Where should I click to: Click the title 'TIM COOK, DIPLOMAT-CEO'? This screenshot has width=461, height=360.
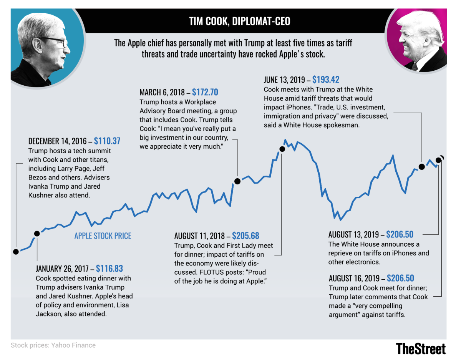240,21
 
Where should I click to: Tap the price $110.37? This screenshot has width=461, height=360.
107,141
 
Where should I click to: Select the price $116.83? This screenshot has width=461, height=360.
109,268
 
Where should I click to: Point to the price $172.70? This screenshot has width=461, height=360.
205,92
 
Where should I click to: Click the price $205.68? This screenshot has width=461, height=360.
245,236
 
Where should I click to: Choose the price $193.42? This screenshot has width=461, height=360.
326,80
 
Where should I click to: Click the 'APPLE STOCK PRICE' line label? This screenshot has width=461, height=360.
103,236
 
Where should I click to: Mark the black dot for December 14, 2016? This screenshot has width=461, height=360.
16,252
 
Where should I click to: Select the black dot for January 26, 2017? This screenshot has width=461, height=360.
37,233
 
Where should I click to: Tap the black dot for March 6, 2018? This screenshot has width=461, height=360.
237,181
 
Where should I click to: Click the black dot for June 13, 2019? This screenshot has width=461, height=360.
421,166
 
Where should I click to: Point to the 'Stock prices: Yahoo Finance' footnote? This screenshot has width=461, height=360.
53,345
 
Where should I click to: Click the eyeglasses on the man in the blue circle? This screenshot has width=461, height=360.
58,41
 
